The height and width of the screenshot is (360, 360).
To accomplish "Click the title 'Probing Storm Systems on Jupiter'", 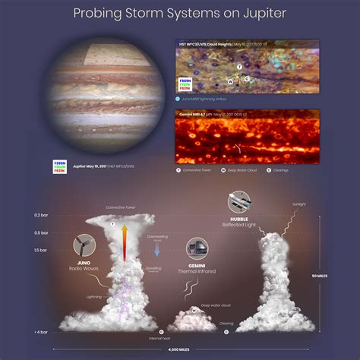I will [180, 13].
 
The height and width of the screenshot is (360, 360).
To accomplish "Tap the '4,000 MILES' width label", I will [180, 349].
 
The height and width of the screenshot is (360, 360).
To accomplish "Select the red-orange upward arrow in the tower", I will [125, 243].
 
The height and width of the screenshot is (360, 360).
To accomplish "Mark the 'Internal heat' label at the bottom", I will [181, 337].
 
